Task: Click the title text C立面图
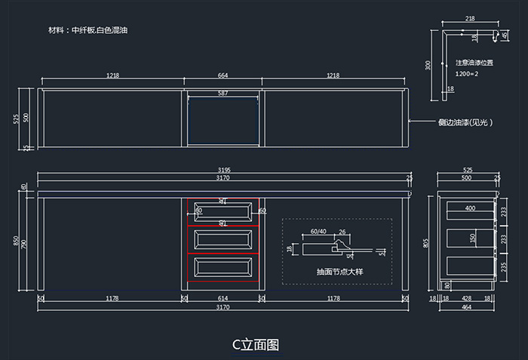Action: click(x=256, y=344)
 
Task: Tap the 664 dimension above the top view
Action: click(x=223, y=76)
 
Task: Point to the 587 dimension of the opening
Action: click(x=223, y=93)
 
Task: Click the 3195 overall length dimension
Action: click(x=223, y=170)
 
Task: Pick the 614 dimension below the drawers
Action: click(x=223, y=298)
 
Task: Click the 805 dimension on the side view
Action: click(x=426, y=242)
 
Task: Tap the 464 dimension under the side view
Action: click(x=468, y=307)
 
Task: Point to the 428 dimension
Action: click(x=467, y=298)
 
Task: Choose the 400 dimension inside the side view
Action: click(x=470, y=208)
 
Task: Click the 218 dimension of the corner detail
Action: click(x=470, y=18)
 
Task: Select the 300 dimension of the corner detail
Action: click(x=428, y=65)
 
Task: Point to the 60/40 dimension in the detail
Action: click(x=318, y=232)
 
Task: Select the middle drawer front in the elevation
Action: click(x=223, y=239)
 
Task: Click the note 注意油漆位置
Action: click(x=474, y=63)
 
